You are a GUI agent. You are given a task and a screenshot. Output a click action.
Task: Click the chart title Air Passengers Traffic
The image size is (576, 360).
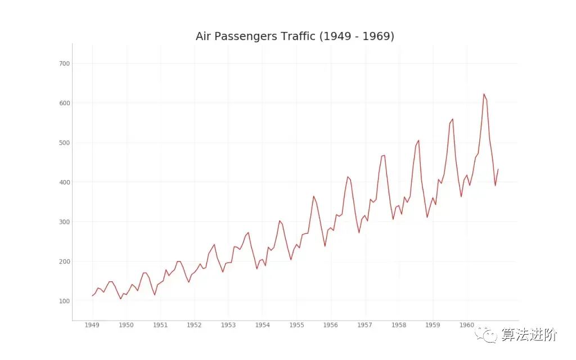pyautogui.click(x=295, y=37)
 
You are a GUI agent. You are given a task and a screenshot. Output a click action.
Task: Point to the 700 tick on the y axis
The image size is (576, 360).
pyautogui.click(x=64, y=64)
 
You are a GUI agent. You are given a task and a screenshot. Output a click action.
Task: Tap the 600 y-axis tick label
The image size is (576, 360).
pyautogui.click(x=64, y=103)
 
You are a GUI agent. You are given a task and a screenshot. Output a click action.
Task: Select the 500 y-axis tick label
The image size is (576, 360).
pyautogui.click(x=64, y=143)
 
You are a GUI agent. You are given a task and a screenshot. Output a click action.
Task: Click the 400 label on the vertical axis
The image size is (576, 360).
pyautogui.click(x=64, y=182)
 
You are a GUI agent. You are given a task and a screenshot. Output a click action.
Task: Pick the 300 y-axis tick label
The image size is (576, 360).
pyautogui.click(x=64, y=222)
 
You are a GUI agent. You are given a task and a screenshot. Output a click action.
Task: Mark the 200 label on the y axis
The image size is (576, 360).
pyautogui.click(x=64, y=262)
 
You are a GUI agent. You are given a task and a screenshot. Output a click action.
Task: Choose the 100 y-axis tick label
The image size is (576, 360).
pyautogui.click(x=64, y=301)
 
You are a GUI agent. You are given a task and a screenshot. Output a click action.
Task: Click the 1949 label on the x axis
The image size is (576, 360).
pyautogui.click(x=92, y=325)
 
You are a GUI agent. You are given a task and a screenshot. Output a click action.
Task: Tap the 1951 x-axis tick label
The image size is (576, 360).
pyautogui.click(x=160, y=325)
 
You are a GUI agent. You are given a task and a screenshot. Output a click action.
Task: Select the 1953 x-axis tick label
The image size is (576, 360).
pyautogui.click(x=228, y=325)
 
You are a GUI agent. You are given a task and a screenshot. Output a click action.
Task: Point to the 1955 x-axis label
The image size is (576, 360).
pyautogui.click(x=296, y=325)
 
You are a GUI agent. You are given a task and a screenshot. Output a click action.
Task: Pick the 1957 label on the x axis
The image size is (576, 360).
pyautogui.click(x=365, y=325)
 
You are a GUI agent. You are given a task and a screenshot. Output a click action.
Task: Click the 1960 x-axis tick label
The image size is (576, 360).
pyautogui.click(x=467, y=325)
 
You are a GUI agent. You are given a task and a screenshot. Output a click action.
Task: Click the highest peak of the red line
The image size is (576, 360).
pyautogui.click(x=484, y=94)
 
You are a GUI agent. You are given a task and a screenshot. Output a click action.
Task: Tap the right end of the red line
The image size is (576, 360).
pyautogui.click(x=498, y=169)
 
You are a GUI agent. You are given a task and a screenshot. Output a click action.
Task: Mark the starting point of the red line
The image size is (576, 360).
pyautogui.click(x=92, y=296)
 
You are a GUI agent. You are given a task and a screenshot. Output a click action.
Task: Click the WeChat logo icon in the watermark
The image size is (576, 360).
pyautogui.click(x=488, y=335)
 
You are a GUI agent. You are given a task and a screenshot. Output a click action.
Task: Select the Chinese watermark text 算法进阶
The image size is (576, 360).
pyautogui.click(x=530, y=335)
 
